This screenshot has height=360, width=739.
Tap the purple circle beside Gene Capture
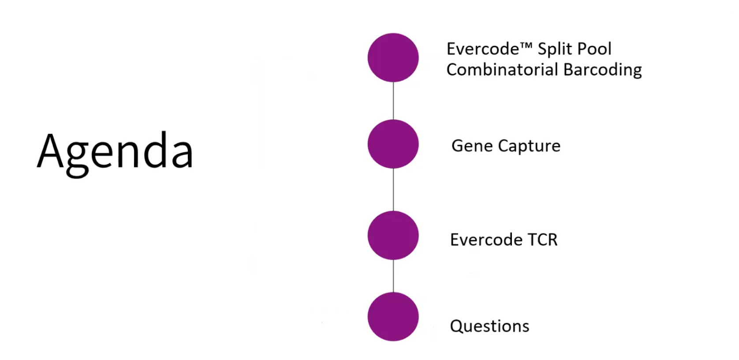click(x=393, y=144)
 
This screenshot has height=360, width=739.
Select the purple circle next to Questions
click(x=393, y=316)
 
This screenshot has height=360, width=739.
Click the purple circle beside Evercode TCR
click(x=393, y=235)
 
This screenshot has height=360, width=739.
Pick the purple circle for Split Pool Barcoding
click(x=393, y=58)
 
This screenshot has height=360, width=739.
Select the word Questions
click(x=489, y=326)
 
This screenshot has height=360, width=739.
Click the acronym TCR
click(x=543, y=240)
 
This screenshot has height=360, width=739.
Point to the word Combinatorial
click(x=502, y=70)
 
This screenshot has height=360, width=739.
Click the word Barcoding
click(x=602, y=70)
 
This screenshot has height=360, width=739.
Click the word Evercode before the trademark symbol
click(x=483, y=49)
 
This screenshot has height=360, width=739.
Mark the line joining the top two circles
click(x=393, y=100)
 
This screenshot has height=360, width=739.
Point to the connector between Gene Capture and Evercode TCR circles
click(x=393, y=189)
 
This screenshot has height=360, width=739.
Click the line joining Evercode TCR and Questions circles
click(x=393, y=276)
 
